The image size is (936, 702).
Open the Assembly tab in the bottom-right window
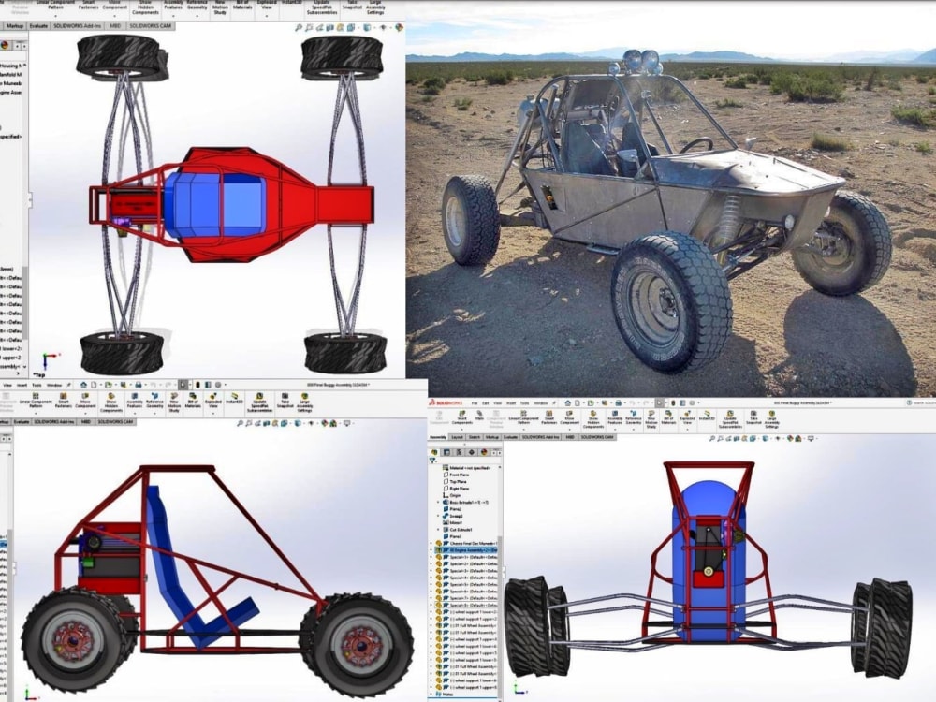pos(437,436)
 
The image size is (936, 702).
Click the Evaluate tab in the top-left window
pos(39,27)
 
